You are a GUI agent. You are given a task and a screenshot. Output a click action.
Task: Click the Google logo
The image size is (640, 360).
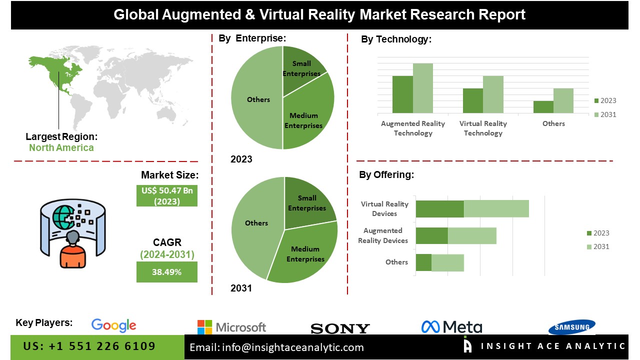tap(113, 325)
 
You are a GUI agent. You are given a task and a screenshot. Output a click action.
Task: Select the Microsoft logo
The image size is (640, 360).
tap(231, 327)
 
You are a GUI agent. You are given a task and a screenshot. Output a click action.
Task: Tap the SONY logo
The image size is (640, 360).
tap(340, 328)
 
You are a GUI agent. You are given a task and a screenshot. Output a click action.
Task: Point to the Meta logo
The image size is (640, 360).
tap(451, 327)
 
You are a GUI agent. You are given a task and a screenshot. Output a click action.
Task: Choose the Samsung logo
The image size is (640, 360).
tap(571, 327)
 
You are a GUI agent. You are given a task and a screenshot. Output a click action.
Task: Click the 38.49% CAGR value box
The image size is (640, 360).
tap(167, 272)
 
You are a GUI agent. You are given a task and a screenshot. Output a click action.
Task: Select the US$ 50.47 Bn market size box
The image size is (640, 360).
tap(167, 196)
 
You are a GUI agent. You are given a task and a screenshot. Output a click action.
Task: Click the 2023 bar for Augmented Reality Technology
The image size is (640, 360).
tap(402, 94)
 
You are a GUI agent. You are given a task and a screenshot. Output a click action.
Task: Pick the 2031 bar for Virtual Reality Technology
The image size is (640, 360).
tap(493, 94)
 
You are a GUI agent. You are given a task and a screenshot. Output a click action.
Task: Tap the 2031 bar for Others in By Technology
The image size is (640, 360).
tap(563, 100)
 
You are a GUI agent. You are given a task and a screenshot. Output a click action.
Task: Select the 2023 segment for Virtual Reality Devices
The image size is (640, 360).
tap(439, 209)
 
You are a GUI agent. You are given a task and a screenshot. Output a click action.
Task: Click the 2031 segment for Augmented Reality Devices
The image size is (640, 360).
tap(472, 235)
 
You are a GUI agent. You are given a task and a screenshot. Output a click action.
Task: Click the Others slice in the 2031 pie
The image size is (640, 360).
tap(255, 225)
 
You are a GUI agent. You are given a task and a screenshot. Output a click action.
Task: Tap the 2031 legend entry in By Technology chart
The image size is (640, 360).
tap(604, 114)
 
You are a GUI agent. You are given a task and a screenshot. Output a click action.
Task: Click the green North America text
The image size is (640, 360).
tap(61, 147)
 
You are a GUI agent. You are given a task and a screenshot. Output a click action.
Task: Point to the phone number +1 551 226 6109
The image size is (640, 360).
tap(89, 346)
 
